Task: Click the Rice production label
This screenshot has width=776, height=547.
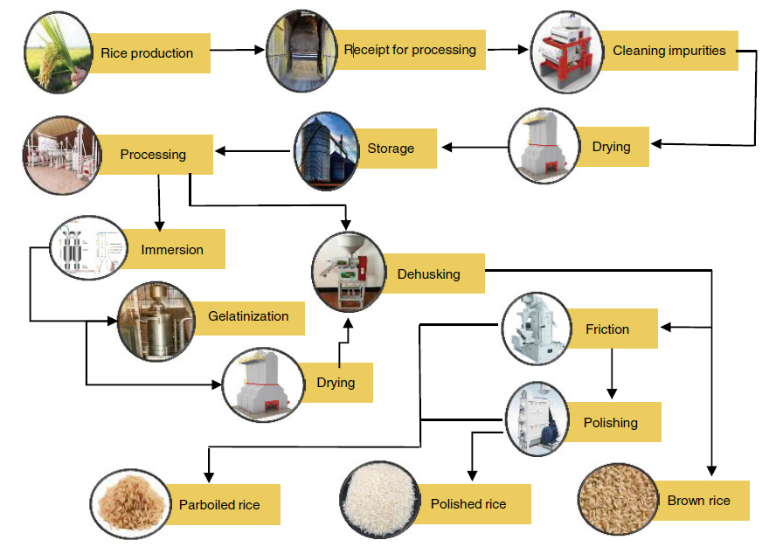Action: point(147,53)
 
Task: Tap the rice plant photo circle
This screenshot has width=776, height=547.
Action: point(59,52)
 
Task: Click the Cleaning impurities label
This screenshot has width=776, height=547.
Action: point(669,51)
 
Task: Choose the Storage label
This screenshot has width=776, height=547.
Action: point(391,148)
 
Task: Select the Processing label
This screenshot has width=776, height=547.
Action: point(154,155)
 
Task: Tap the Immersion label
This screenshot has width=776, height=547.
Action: point(172,250)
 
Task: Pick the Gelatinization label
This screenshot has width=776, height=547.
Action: point(248,316)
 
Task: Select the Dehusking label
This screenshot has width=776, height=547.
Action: point(428,274)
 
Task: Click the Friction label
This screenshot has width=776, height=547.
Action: point(607,329)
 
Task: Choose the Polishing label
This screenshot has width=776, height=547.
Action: point(611,423)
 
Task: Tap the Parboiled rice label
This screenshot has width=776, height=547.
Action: point(219,504)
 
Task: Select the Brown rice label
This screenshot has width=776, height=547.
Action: point(698,501)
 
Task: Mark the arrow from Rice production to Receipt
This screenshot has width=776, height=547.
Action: point(237,51)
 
